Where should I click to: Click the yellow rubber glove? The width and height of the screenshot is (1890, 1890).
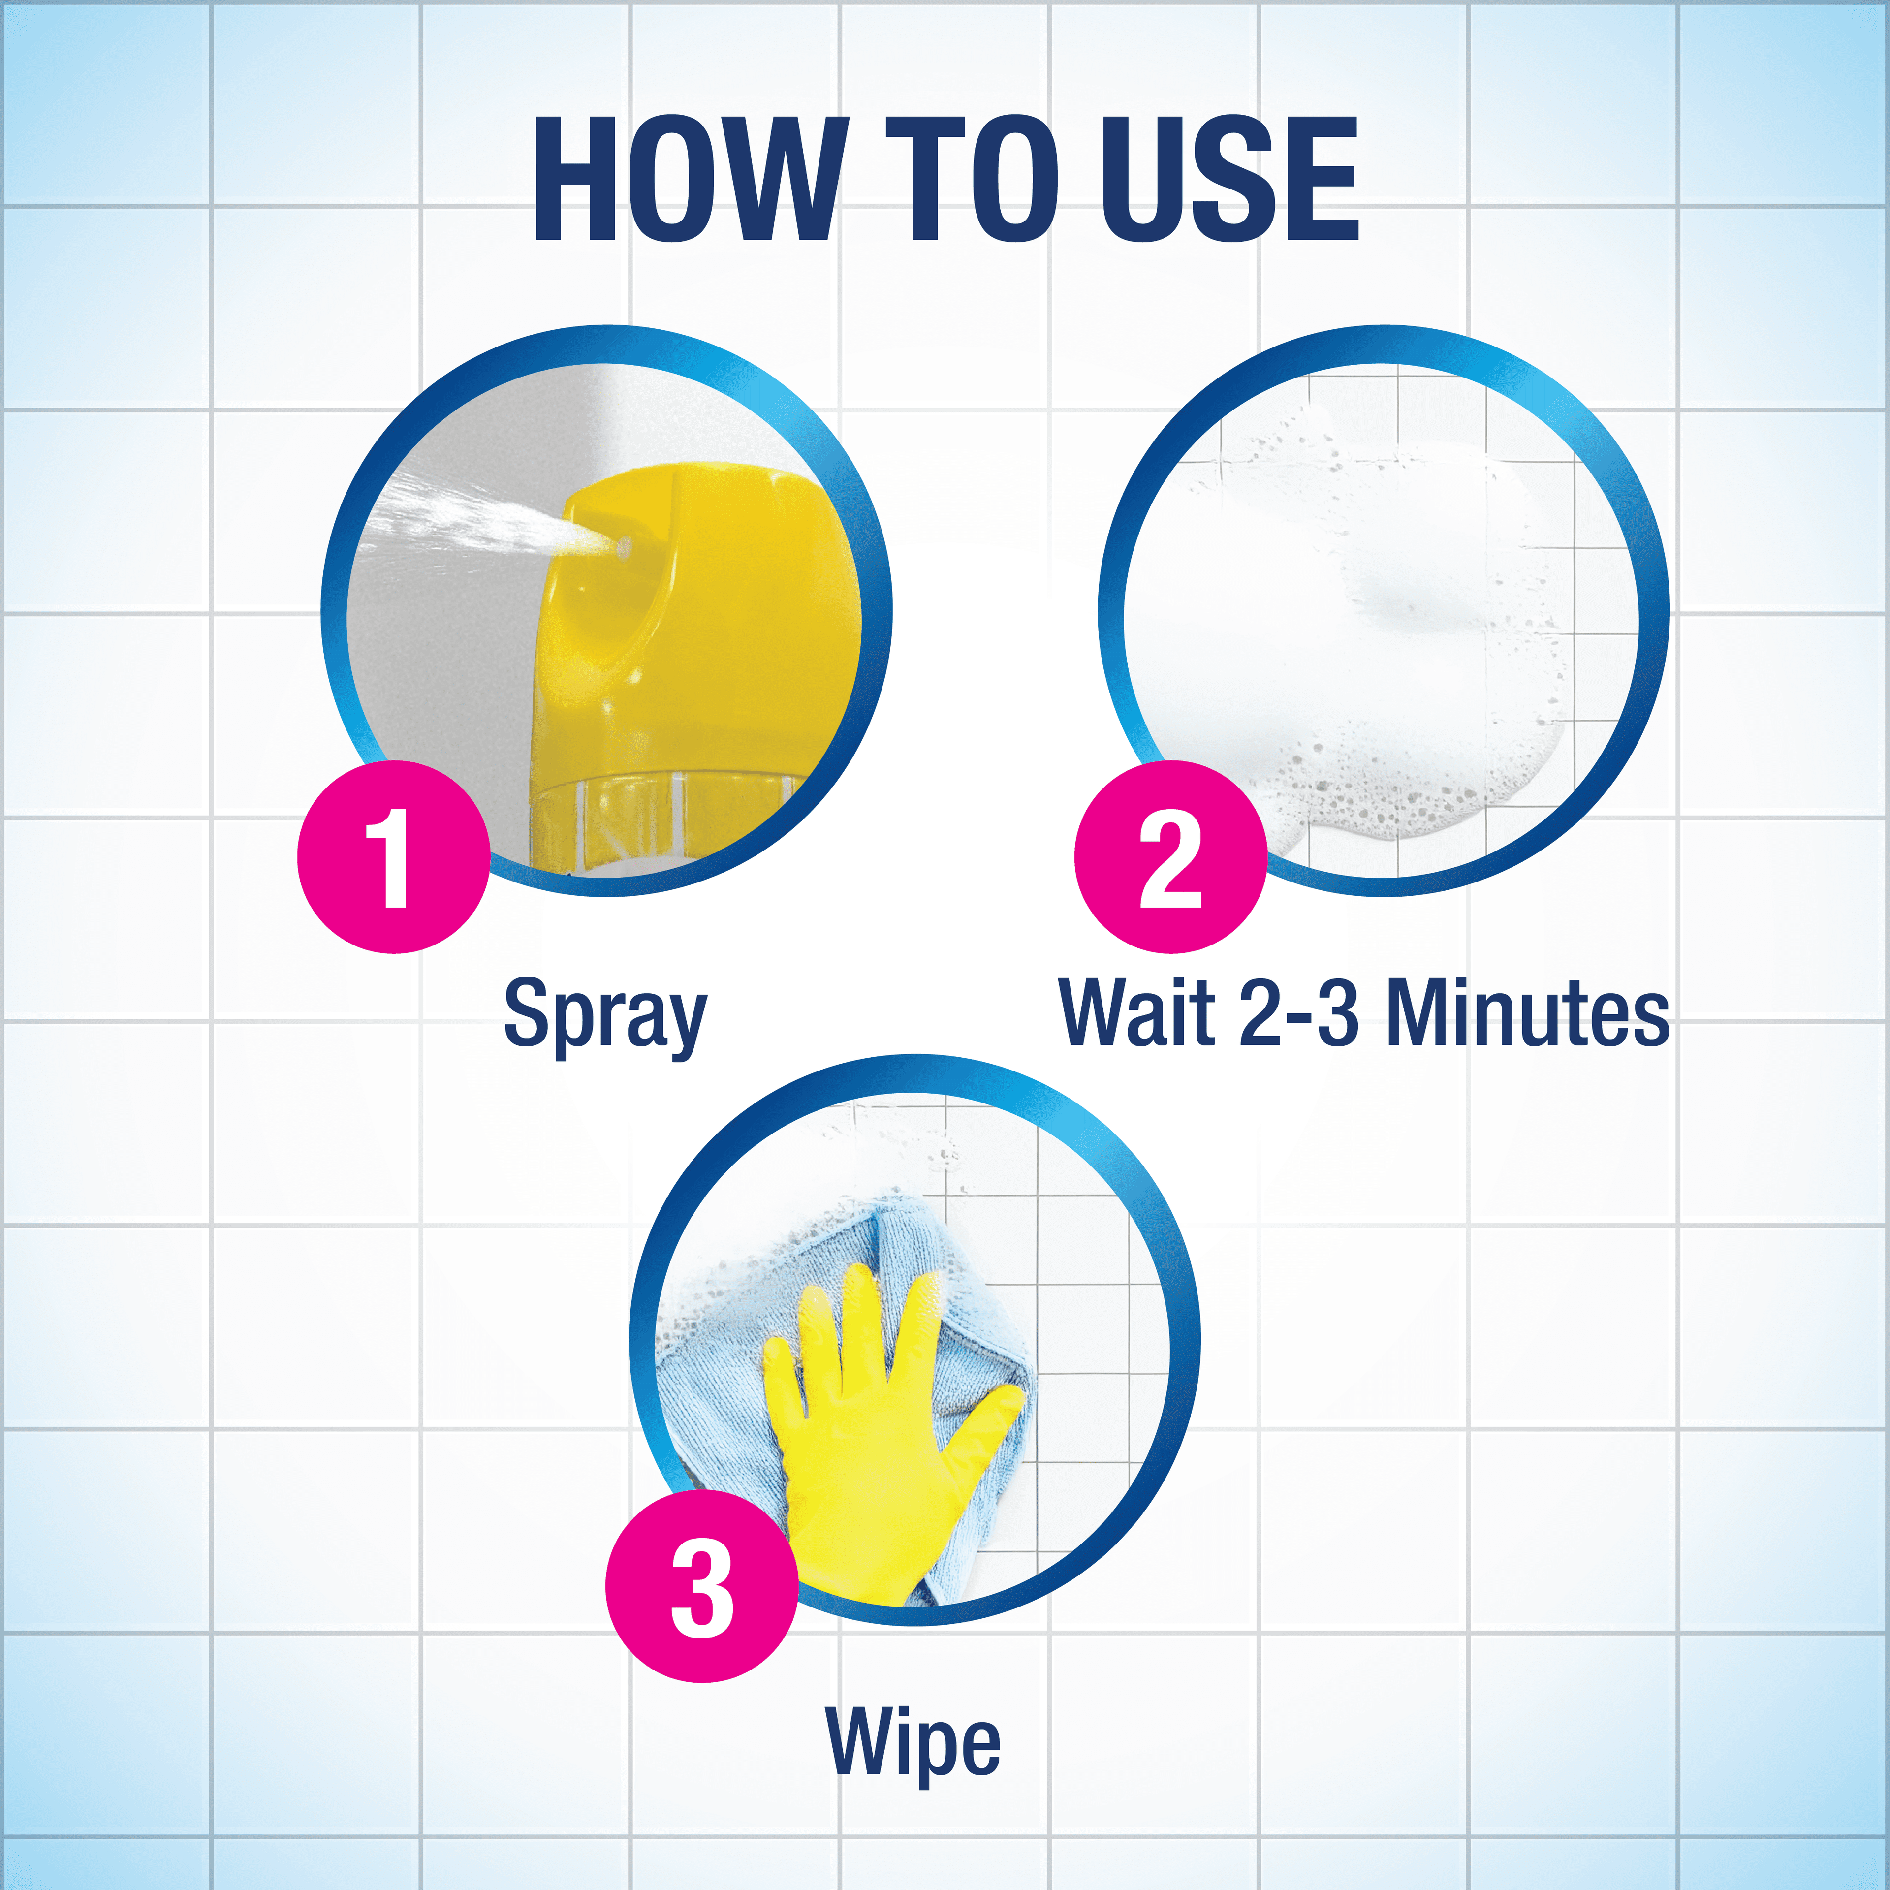[x=871, y=1438]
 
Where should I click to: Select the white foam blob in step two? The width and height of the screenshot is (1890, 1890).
[x=1370, y=626]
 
